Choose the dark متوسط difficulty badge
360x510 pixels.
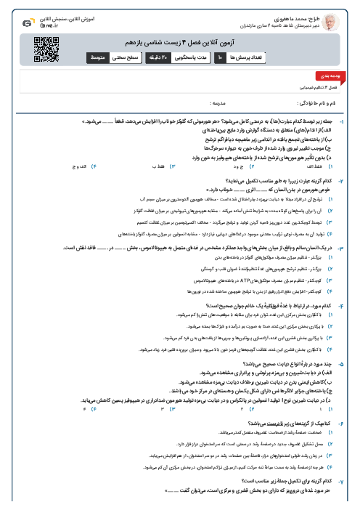97,57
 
